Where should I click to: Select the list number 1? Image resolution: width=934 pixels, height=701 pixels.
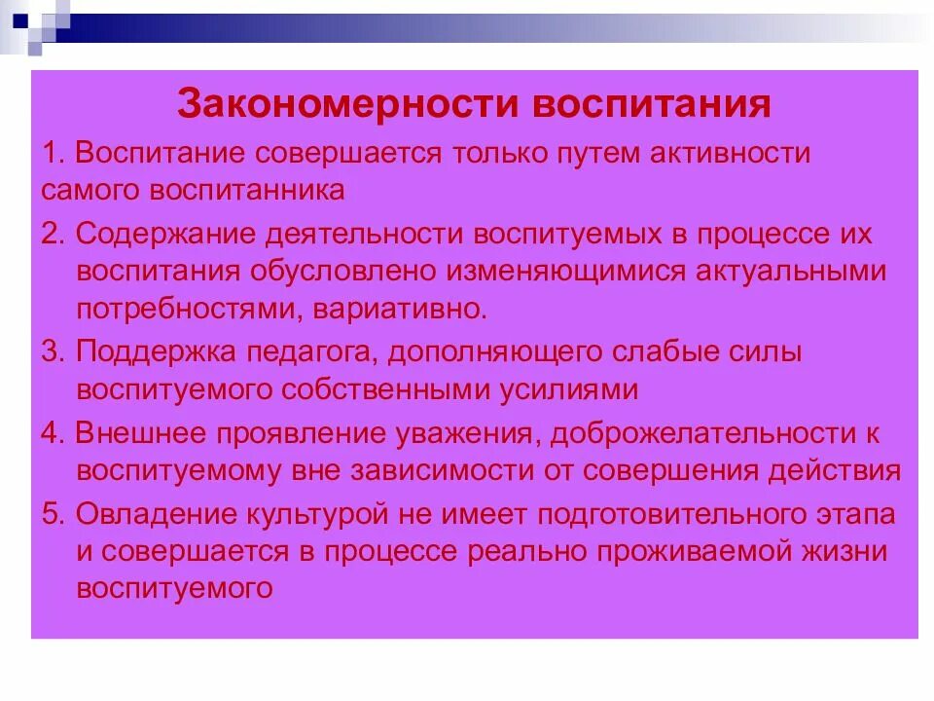click(x=51, y=154)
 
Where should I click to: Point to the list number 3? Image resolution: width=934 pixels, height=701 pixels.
click(x=51, y=351)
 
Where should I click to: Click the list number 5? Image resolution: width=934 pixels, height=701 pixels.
click(x=51, y=513)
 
